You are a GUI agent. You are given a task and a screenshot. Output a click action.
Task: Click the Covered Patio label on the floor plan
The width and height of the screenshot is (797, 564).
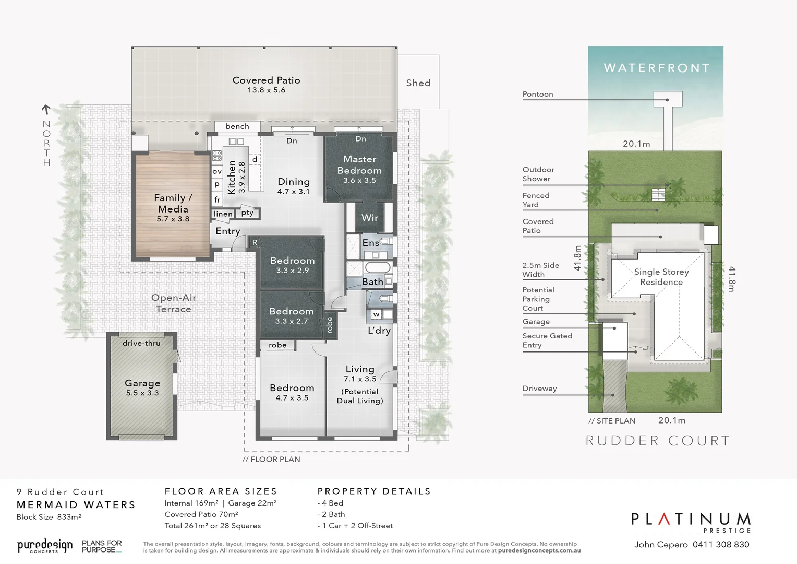(x=266, y=80)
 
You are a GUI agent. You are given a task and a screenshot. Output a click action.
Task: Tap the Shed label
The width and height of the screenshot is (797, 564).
(x=418, y=83)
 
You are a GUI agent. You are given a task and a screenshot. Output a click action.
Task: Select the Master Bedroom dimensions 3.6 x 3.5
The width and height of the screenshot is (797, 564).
(x=359, y=181)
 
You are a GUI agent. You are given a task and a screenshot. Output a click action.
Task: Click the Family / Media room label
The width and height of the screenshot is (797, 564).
(x=173, y=203)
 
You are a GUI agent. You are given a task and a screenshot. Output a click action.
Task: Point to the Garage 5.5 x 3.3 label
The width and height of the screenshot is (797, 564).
(x=142, y=387)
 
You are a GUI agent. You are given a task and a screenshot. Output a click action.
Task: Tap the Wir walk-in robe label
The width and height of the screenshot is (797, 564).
(x=370, y=218)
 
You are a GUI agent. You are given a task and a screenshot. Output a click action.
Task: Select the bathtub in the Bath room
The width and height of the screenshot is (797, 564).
(x=377, y=268)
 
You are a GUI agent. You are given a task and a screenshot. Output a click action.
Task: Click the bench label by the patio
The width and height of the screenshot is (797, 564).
(x=237, y=126)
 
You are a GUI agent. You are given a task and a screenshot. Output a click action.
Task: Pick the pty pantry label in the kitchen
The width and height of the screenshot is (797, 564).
(x=247, y=213)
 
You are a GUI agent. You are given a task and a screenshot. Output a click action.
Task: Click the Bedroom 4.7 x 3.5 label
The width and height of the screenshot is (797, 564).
(x=292, y=392)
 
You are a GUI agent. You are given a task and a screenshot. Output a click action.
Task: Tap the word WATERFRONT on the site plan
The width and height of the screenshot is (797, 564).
(x=657, y=68)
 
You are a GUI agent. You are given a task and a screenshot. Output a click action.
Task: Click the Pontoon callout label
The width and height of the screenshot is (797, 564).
(x=538, y=95)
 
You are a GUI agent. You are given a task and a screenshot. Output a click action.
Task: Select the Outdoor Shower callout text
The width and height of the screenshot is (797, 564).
(x=538, y=174)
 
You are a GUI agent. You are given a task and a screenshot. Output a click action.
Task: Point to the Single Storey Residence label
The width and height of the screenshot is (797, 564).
(x=661, y=277)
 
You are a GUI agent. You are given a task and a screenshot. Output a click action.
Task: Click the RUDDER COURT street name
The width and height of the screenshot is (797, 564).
(x=658, y=441)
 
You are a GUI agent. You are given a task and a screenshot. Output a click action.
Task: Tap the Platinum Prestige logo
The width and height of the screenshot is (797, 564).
(x=691, y=522)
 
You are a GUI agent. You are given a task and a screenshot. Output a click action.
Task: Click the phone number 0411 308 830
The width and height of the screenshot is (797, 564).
(x=721, y=545)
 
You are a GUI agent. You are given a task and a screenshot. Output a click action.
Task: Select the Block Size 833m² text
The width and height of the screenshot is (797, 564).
(x=49, y=517)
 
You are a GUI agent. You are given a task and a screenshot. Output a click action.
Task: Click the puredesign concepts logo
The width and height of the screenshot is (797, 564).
(x=45, y=546)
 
